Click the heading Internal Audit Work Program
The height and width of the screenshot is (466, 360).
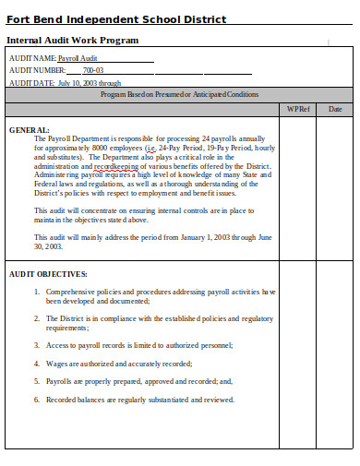tap(73, 41)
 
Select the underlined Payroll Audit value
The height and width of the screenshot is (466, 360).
tap(78, 58)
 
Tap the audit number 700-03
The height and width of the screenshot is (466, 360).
tap(93, 70)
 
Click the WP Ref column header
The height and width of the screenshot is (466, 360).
tap(298, 109)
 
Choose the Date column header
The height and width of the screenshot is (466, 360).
tap(335, 109)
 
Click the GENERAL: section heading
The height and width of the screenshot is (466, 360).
tap(30, 130)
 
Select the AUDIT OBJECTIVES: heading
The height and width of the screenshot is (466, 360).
tap(48, 274)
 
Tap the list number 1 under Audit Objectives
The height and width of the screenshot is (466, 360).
tap(37, 292)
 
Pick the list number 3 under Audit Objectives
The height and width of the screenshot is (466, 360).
tap(37, 345)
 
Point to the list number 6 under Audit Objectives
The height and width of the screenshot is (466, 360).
tap(37, 400)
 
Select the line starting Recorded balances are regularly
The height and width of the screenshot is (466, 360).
tap(140, 400)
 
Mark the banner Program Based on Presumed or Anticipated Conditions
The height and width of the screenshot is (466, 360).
tap(179, 94)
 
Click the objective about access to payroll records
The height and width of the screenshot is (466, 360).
tap(139, 345)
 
